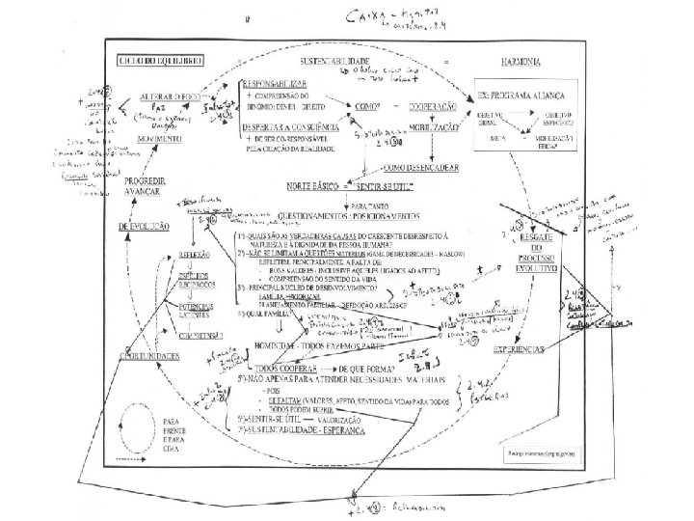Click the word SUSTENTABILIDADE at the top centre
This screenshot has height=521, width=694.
[x=339, y=60]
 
